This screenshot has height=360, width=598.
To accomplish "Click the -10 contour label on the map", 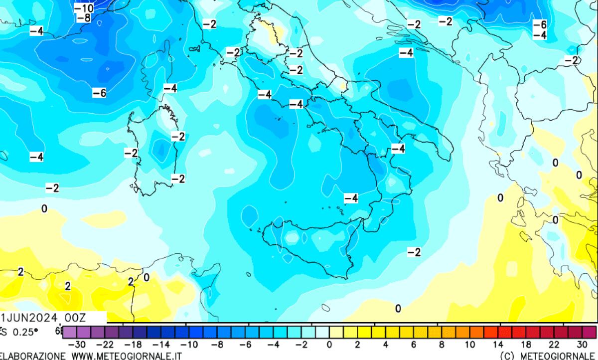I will tap(84, 8).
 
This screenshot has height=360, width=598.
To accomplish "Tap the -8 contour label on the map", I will tap(84, 18).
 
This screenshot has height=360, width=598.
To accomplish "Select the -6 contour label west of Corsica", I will tap(100, 93).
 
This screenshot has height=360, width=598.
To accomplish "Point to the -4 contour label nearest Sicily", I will tap(351, 198).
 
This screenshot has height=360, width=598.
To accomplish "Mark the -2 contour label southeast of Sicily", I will tap(414, 252).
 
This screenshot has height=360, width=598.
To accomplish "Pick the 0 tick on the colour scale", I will tap(329, 345).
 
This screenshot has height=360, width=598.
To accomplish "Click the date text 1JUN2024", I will tap(29, 318).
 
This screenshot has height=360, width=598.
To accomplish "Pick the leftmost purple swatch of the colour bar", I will tap(69, 332).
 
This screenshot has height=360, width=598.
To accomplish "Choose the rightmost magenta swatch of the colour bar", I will tap(589, 332).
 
